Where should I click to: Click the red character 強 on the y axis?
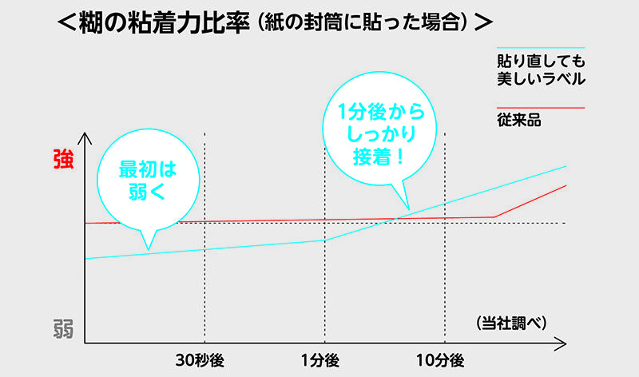pos(62,160)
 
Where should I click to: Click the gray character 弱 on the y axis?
pos(63,329)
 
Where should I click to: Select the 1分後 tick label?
pos(323,359)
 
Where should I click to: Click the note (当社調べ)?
pos(511,323)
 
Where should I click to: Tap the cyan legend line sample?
pos(541,48)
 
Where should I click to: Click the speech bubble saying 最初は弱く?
pos(146,180)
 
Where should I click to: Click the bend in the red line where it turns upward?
pos(495,216)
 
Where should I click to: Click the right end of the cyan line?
pos(566,166)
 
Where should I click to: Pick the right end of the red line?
pos(566,185)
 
